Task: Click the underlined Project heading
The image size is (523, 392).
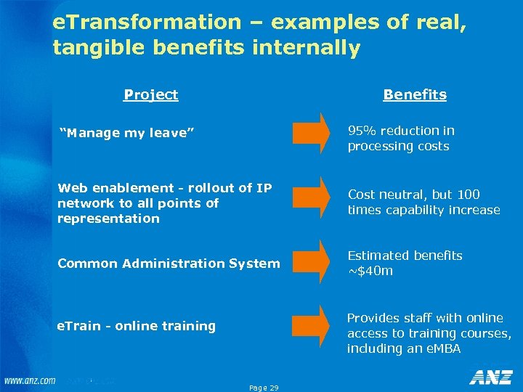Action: (x=150, y=94)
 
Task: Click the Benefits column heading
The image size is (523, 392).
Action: (x=415, y=94)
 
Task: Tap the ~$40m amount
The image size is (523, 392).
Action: (x=370, y=271)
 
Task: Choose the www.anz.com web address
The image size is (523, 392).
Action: (x=29, y=381)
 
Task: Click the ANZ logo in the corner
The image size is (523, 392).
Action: (x=492, y=377)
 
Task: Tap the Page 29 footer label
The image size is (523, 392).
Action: (x=263, y=388)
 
